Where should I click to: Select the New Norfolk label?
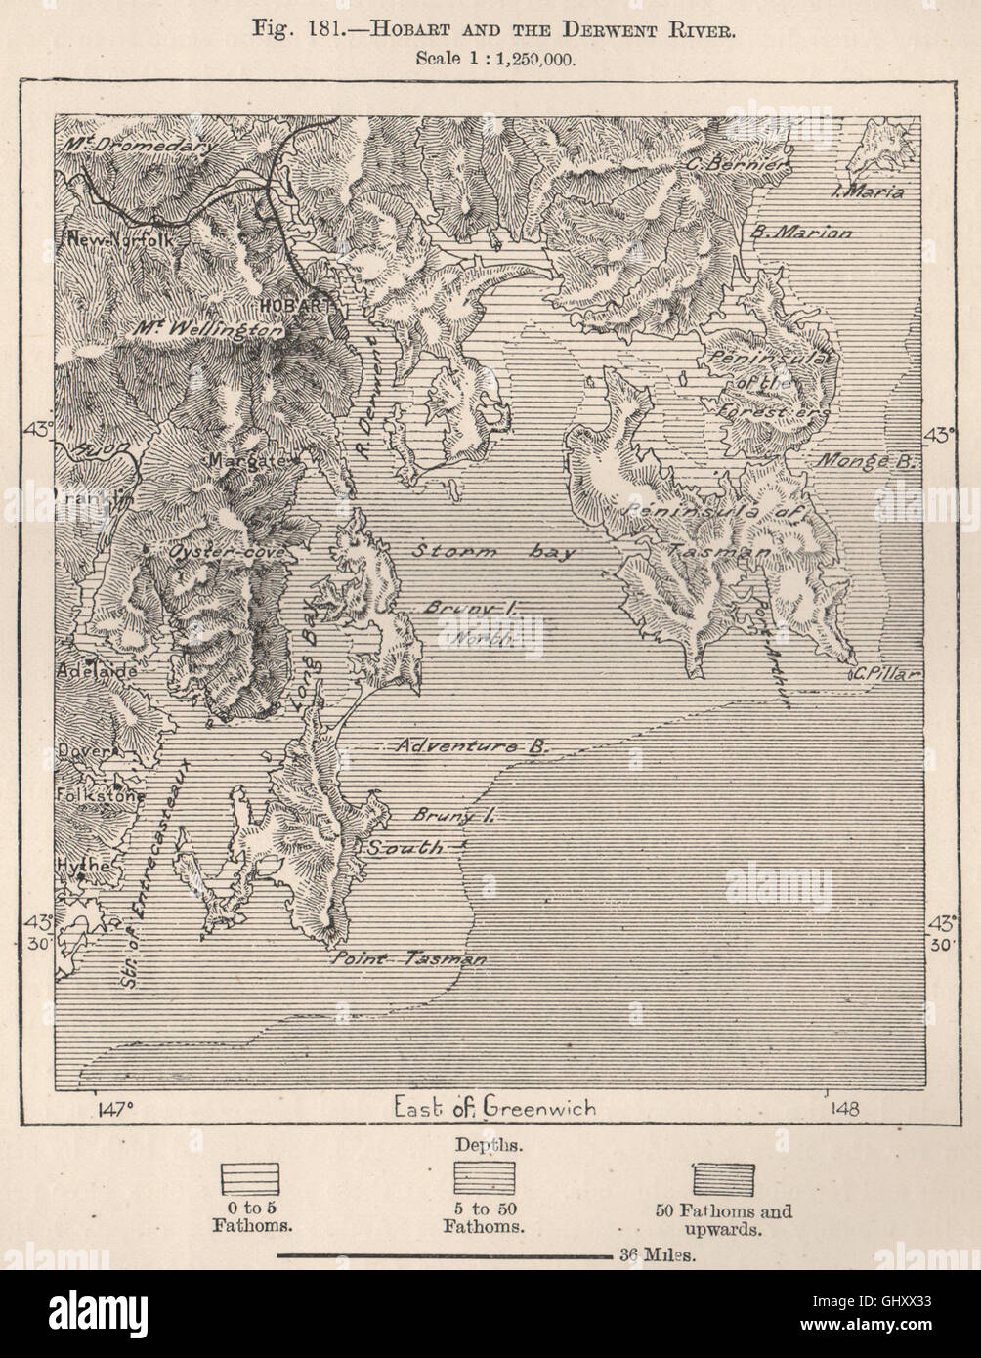[117, 239]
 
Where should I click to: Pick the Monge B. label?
[866, 462]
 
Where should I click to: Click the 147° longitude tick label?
[115, 1108]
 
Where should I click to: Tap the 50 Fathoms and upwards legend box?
[723, 1179]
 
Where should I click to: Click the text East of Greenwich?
[494, 1107]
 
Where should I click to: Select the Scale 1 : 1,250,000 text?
[495, 57]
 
